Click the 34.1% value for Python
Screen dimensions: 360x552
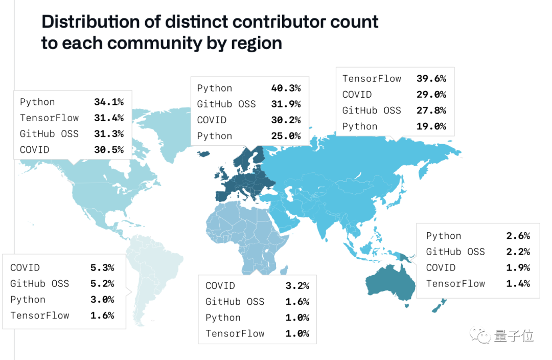pos(108,102)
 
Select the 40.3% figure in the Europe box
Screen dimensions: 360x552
pos(286,88)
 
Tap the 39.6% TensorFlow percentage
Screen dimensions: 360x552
pos(431,78)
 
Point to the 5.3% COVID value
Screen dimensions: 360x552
pos(102,267)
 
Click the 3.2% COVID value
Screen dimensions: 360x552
pos(297,285)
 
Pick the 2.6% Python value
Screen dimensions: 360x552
pos(518,236)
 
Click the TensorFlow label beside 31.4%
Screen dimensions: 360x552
pos(49,118)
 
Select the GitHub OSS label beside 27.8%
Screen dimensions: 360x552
pos(372,110)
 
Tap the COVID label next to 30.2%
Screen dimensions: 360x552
pos(212,120)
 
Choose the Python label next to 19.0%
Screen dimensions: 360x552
pos(359,126)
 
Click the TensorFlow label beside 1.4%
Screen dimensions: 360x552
pos(455,283)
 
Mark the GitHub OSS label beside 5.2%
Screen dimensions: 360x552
pos(39,283)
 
